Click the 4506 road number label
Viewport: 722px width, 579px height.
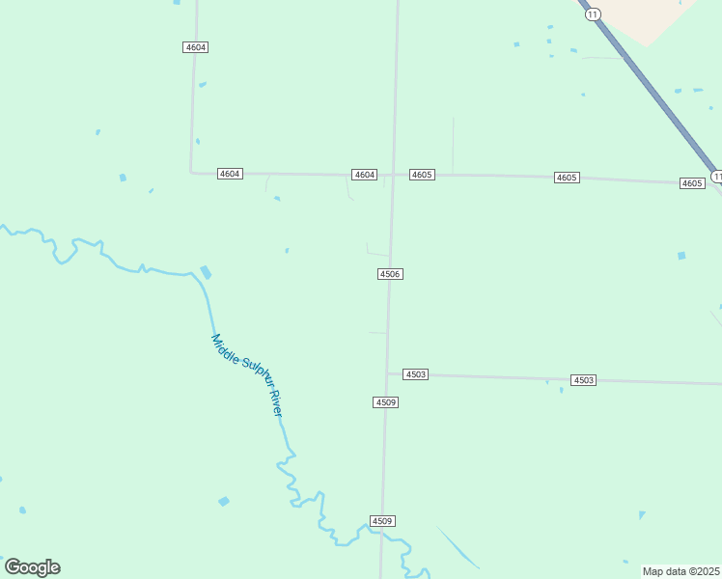coord(389,274)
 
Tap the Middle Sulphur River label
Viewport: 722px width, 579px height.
coord(248,375)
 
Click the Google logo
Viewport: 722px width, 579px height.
coord(32,567)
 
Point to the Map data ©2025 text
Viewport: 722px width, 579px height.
coord(681,571)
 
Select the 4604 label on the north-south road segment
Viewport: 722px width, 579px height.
coord(195,47)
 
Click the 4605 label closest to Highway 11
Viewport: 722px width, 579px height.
coord(692,183)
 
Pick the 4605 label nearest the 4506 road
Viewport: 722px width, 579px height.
coord(422,175)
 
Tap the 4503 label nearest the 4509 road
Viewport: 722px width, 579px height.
coord(415,373)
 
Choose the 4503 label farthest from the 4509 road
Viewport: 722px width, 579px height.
coord(583,380)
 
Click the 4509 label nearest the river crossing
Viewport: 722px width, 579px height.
coord(382,521)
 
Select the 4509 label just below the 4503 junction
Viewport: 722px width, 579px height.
coord(385,401)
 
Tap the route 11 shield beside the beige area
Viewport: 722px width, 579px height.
coord(594,14)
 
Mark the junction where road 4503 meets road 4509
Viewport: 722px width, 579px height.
coord(388,372)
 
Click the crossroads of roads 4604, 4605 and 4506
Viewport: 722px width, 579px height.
coord(393,175)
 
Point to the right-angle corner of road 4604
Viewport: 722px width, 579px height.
coord(191,172)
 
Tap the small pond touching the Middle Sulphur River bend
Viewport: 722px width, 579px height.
coord(205,273)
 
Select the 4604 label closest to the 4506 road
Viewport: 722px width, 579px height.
coord(364,175)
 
